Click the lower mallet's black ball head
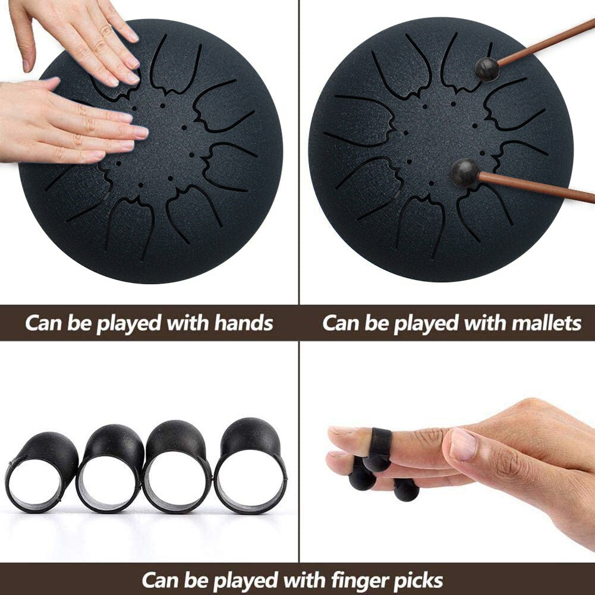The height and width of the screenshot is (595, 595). coord(464,174)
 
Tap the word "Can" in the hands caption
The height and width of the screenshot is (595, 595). coord(44,323)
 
